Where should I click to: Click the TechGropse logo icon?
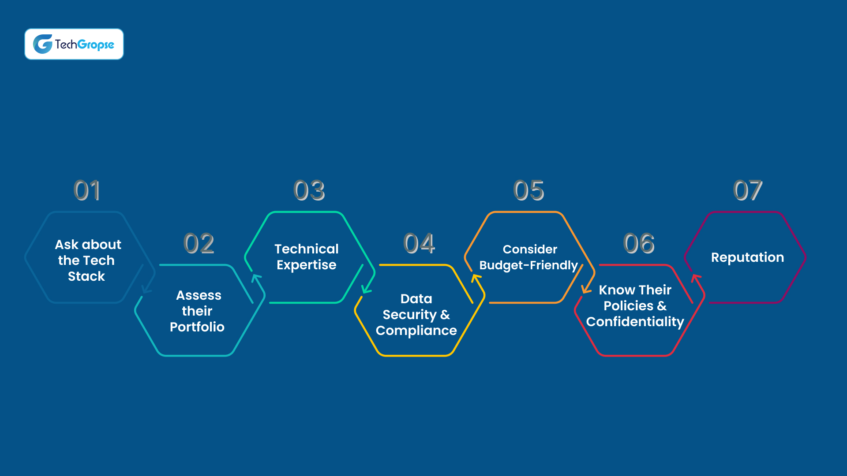tap(43, 44)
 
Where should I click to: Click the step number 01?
tap(87, 190)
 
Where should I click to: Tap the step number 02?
tap(199, 243)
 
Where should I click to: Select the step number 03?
tap(309, 190)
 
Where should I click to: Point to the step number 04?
tap(419, 243)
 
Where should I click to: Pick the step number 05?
tap(529, 190)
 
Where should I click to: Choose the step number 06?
tap(639, 243)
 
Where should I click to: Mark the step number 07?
tap(748, 190)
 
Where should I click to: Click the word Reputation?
tap(748, 258)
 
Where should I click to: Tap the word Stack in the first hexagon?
tap(86, 276)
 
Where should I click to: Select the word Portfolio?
tap(197, 327)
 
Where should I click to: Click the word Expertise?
tap(307, 265)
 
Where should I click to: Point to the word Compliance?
tap(416, 331)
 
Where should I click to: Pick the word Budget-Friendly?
tap(528, 265)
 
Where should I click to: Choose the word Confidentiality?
tap(635, 322)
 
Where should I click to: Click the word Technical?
tap(307, 249)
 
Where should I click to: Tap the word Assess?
tap(199, 295)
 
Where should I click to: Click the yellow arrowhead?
tap(476, 279)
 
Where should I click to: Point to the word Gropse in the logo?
tap(96, 45)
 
